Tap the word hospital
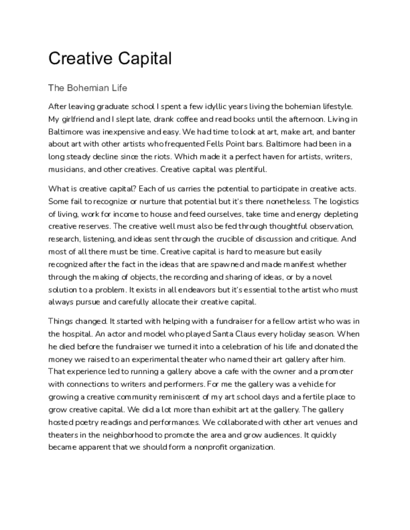coord(80,334)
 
